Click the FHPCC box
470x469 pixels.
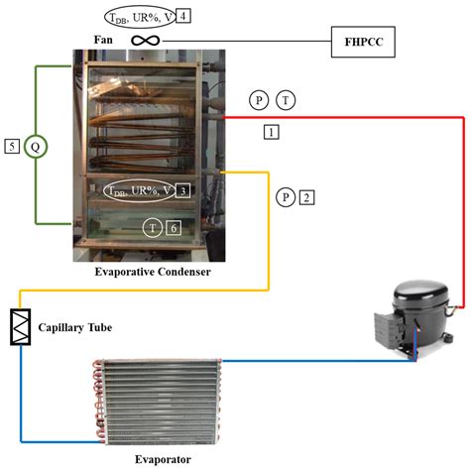coord(363,42)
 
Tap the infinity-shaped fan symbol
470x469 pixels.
coord(146,41)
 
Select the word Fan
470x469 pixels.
coord(103,40)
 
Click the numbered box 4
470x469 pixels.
coord(183,16)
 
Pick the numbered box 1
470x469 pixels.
coord(271,132)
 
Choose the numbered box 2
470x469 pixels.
coord(306,197)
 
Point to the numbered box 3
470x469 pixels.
coord(183,190)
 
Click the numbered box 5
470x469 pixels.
coord(12,147)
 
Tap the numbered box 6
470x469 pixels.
coord(174,228)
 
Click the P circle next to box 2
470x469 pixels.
coord(286,197)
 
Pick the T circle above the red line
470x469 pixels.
coord(286,100)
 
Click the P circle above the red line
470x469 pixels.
coord(259,100)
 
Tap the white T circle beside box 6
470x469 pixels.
coord(153,228)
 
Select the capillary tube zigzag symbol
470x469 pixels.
coord(21,327)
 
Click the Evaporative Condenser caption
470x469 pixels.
coord(153,272)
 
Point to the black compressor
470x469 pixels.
coord(414,318)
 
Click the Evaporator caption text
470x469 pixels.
coord(163,459)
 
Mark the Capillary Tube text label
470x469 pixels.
coord(75,327)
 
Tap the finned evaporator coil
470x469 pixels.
coord(157,402)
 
